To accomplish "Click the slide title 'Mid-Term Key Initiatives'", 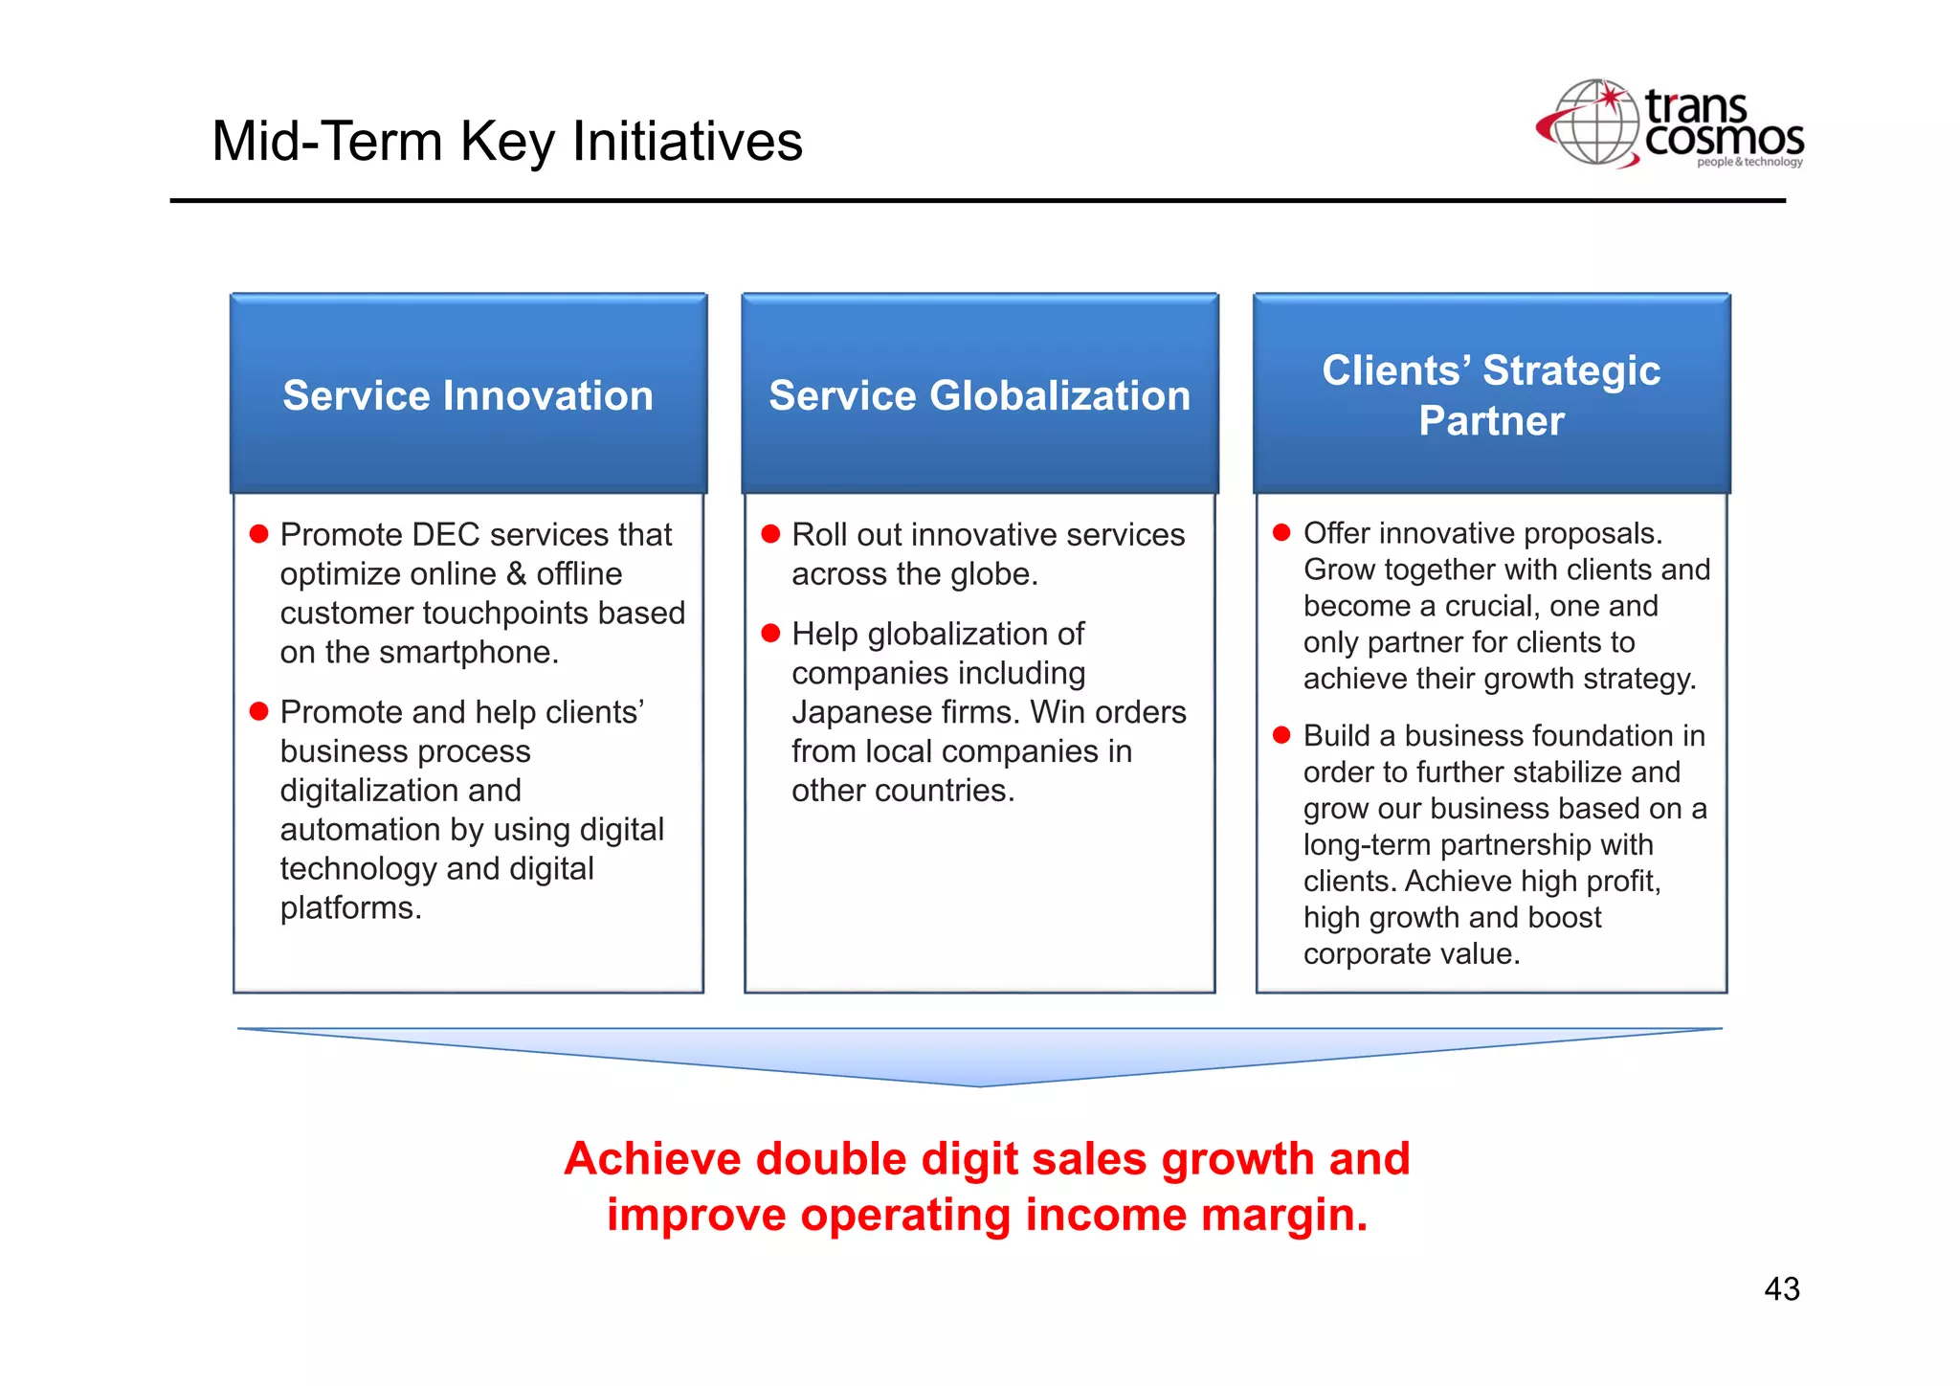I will (x=506, y=141).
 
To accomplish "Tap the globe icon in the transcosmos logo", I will (x=1595, y=123).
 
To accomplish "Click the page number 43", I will (x=1781, y=1289).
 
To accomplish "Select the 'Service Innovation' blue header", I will (x=468, y=395).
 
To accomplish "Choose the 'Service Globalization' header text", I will (x=979, y=395).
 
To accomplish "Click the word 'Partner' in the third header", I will (x=1491, y=421).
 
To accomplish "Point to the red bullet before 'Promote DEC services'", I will (x=258, y=534).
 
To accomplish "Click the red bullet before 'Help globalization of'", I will (x=770, y=633).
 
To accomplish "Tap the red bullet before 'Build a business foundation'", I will (x=1281, y=735).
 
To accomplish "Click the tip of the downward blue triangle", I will (x=980, y=1084).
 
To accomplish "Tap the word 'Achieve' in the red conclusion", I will (x=653, y=1159).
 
